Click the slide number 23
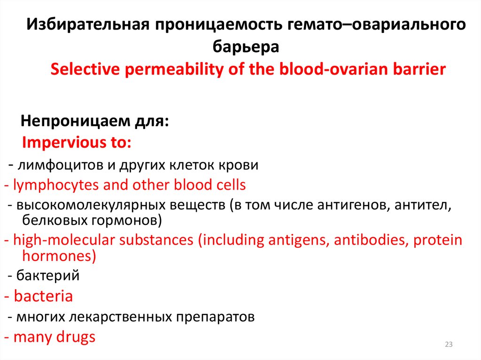click(x=448, y=345)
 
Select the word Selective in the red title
click(x=84, y=69)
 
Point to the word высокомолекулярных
click(x=83, y=205)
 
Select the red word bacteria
click(x=43, y=297)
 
